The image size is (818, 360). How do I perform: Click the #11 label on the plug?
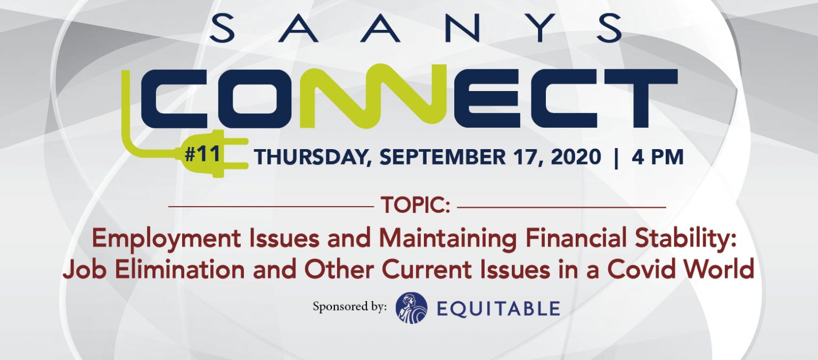(x=202, y=154)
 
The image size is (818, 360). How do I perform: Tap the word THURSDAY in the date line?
(x=310, y=157)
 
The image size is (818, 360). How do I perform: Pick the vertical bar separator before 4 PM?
(x=617, y=158)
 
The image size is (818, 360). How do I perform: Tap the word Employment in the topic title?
(x=166, y=239)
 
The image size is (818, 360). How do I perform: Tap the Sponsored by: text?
(x=349, y=307)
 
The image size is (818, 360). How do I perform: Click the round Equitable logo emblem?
(x=412, y=308)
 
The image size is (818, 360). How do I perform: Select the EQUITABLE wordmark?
(x=498, y=309)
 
